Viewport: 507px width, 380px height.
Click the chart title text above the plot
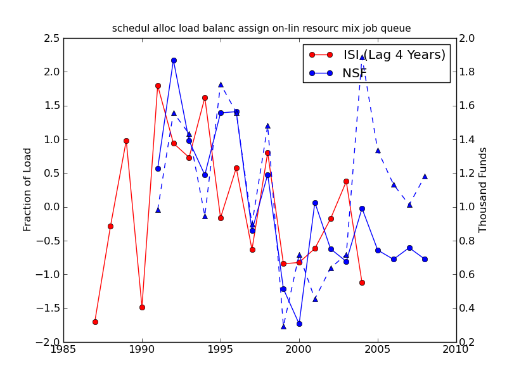261,28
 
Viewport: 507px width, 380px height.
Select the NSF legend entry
354,73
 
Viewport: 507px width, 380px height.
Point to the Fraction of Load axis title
27,189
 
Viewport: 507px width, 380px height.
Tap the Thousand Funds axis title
484,189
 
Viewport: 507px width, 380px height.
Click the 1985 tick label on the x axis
63,350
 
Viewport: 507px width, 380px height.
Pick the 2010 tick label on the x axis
456,350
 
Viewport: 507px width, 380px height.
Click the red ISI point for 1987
95,322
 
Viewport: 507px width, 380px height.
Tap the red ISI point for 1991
158,85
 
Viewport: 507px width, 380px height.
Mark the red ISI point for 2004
362,282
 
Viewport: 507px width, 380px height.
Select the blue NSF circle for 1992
174,60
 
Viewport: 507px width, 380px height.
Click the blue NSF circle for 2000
299,324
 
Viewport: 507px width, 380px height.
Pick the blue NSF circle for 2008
425,259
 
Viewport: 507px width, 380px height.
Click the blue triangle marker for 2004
362,57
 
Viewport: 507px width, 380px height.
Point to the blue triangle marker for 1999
283,326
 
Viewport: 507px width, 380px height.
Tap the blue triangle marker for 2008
425,176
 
